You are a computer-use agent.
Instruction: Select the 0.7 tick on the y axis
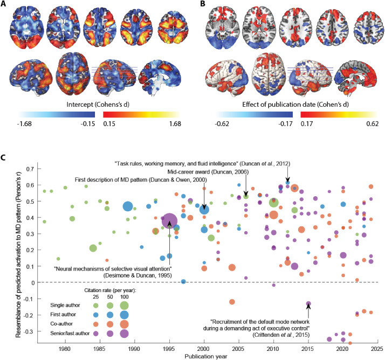point(26,169)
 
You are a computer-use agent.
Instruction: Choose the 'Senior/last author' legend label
point(60,334)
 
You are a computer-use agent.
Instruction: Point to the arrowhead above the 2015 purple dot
point(308,307)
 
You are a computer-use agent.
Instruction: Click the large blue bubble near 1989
point(128,206)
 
